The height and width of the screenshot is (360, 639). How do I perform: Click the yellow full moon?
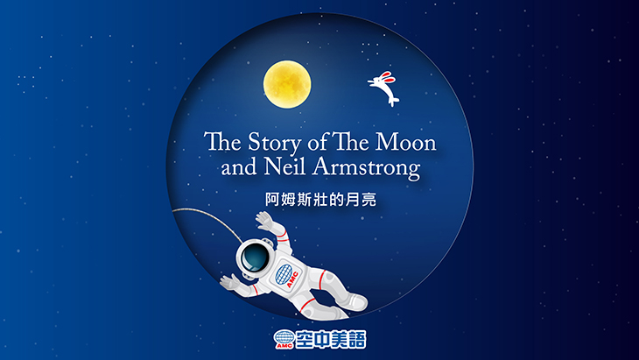(x=287, y=84)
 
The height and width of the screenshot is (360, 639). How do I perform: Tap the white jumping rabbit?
(x=384, y=88)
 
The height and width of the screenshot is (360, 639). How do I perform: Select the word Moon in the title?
(x=405, y=142)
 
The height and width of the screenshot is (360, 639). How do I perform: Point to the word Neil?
(x=284, y=166)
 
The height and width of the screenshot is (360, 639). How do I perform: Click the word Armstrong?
(x=366, y=168)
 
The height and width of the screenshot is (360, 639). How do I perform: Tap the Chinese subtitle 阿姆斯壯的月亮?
(x=320, y=200)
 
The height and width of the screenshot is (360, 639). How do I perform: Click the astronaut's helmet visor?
(x=255, y=258)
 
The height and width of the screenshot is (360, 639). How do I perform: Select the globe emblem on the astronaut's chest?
(x=284, y=274)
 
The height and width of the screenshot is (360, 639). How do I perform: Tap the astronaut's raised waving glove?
(x=265, y=221)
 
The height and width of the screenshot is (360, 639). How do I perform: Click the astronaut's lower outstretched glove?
(x=229, y=282)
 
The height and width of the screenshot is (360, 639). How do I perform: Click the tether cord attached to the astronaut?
(x=213, y=219)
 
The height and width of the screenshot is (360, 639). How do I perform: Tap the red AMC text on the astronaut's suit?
(x=292, y=280)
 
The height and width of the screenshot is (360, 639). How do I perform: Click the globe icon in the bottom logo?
(x=284, y=338)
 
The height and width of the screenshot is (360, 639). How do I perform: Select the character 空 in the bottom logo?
(x=305, y=339)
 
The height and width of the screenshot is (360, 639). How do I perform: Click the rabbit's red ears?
(x=388, y=77)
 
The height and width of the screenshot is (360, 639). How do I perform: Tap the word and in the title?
(x=239, y=167)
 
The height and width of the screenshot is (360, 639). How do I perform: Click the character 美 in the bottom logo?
(x=340, y=339)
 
